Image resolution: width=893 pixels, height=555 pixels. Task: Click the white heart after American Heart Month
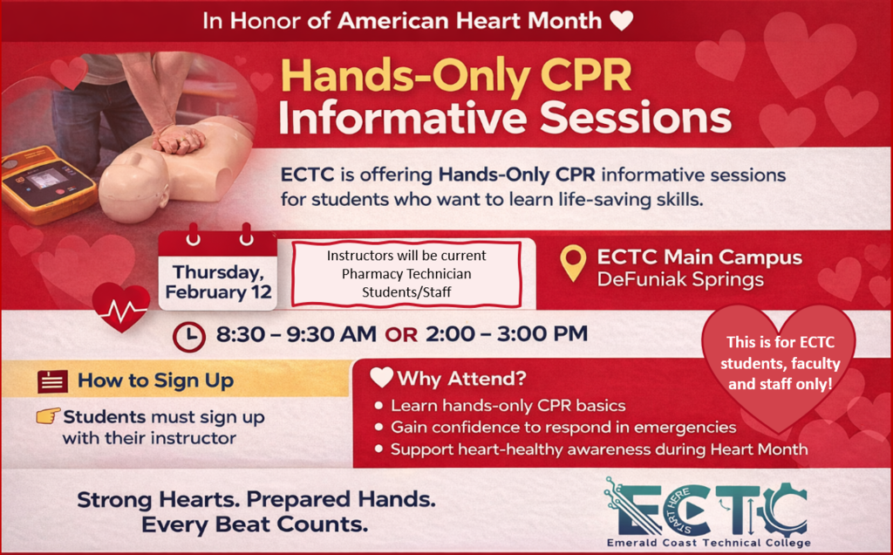pos(621,21)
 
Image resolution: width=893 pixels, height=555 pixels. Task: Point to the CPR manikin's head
pos(131,187)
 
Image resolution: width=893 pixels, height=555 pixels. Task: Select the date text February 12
pos(218,291)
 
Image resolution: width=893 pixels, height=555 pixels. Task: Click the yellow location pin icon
pos(572,263)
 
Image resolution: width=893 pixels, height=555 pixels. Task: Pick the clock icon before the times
pos(188,336)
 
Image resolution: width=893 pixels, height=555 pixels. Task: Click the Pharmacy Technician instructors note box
pos(406,274)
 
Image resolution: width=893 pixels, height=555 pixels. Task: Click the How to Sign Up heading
pos(155,380)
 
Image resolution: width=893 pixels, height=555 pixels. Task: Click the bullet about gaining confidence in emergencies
pos(562,428)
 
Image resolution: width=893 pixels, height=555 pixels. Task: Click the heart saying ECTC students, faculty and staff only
pos(778,363)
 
